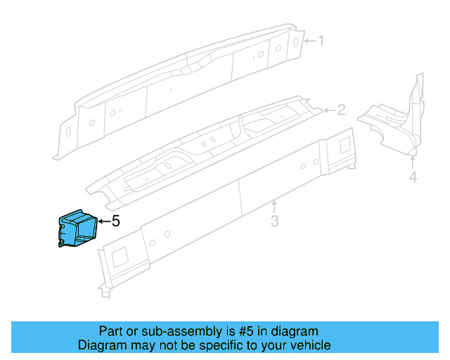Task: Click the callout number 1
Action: (x=321, y=41)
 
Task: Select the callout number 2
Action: (x=341, y=110)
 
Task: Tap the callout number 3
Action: (x=275, y=221)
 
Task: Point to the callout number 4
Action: (x=413, y=176)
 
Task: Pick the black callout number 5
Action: (x=116, y=221)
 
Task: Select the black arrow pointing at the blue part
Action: (x=103, y=221)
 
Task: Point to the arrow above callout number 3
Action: (x=275, y=206)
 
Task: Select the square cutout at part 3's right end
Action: (x=345, y=145)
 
